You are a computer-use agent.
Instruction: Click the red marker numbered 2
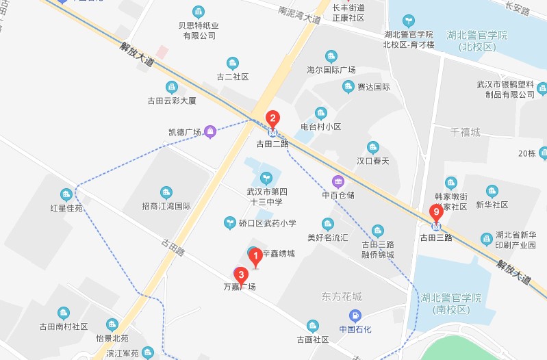point(272,118)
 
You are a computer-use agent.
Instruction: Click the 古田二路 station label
point(272,144)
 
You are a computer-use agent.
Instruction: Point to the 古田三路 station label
point(436,237)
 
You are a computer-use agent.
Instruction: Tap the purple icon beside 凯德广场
point(211,131)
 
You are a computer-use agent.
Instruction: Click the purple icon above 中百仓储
point(338,181)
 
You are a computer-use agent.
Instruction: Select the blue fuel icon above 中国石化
point(355,316)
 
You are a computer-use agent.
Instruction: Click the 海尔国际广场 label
point(331,70)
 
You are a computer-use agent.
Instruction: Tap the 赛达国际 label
point(374,87)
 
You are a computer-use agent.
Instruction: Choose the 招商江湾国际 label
point(166,205)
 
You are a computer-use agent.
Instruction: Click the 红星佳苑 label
point(66,207)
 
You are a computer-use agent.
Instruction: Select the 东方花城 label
point(341,297)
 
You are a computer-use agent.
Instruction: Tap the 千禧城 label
point(466,131)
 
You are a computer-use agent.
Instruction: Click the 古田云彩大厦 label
point(172,101)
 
